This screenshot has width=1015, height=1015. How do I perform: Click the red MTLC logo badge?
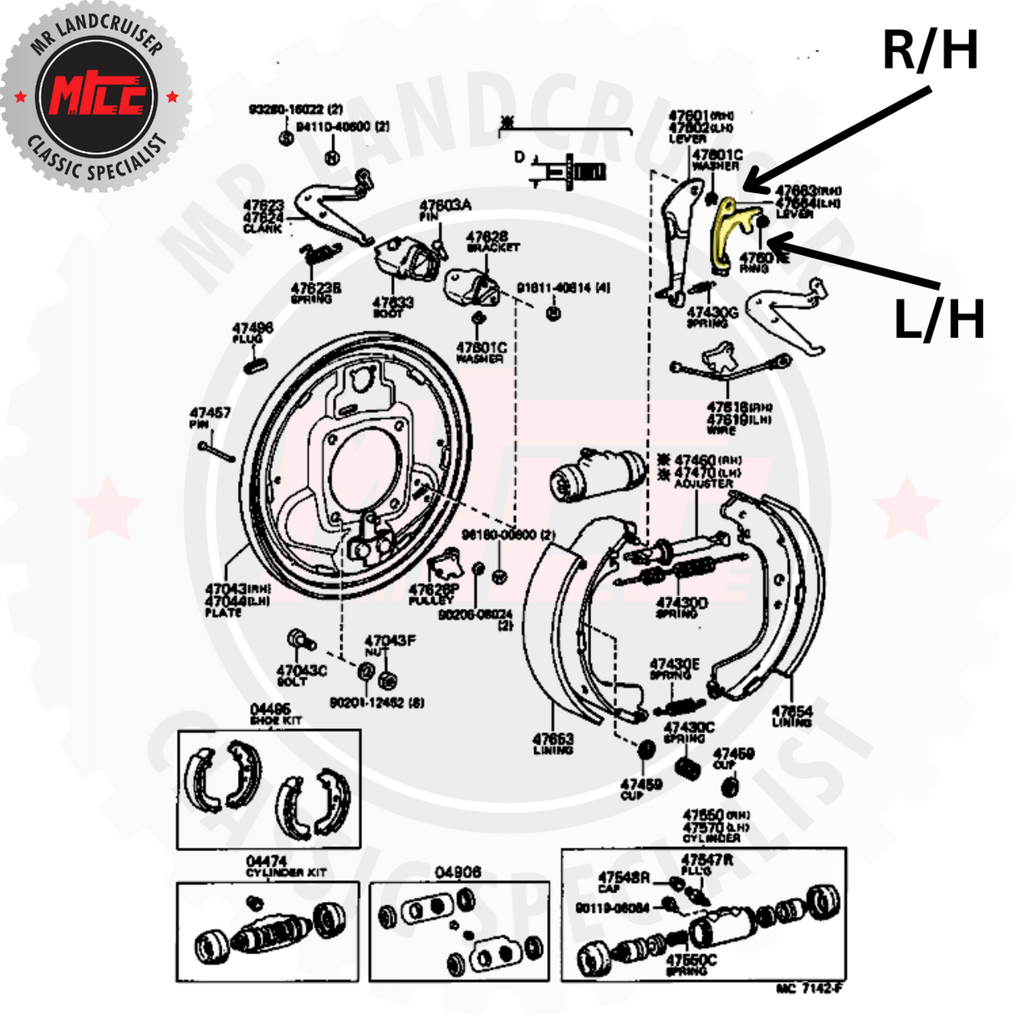click(97, 97)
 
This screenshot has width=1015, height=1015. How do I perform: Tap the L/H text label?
click(939, 320)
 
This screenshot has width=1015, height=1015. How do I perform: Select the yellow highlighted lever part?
click(727, 230)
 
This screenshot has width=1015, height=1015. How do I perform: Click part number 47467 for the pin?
click(210, 413)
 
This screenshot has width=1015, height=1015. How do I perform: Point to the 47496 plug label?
click(252, 329)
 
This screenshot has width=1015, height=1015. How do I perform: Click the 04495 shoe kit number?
click(270, 710)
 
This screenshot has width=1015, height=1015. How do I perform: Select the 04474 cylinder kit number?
click(267, 861)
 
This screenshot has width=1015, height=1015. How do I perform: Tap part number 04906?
click(458, 872)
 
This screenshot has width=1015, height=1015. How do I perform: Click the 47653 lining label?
click(553, 739)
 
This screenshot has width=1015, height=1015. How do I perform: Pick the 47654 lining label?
click(792, 712)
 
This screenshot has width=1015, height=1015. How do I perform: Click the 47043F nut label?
click(390, 640)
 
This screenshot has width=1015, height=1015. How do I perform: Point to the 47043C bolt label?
click(302, 671)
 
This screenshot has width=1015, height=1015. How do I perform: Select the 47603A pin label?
click(445, 206)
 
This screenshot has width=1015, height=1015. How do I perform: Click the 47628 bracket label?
click(487, 237)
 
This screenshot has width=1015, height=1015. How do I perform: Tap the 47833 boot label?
click(393, 303)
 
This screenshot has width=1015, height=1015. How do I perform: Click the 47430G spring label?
click(712, 313)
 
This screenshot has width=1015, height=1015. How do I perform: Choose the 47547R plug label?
click(707, 859)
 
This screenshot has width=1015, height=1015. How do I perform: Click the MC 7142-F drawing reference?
click(808, 988)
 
